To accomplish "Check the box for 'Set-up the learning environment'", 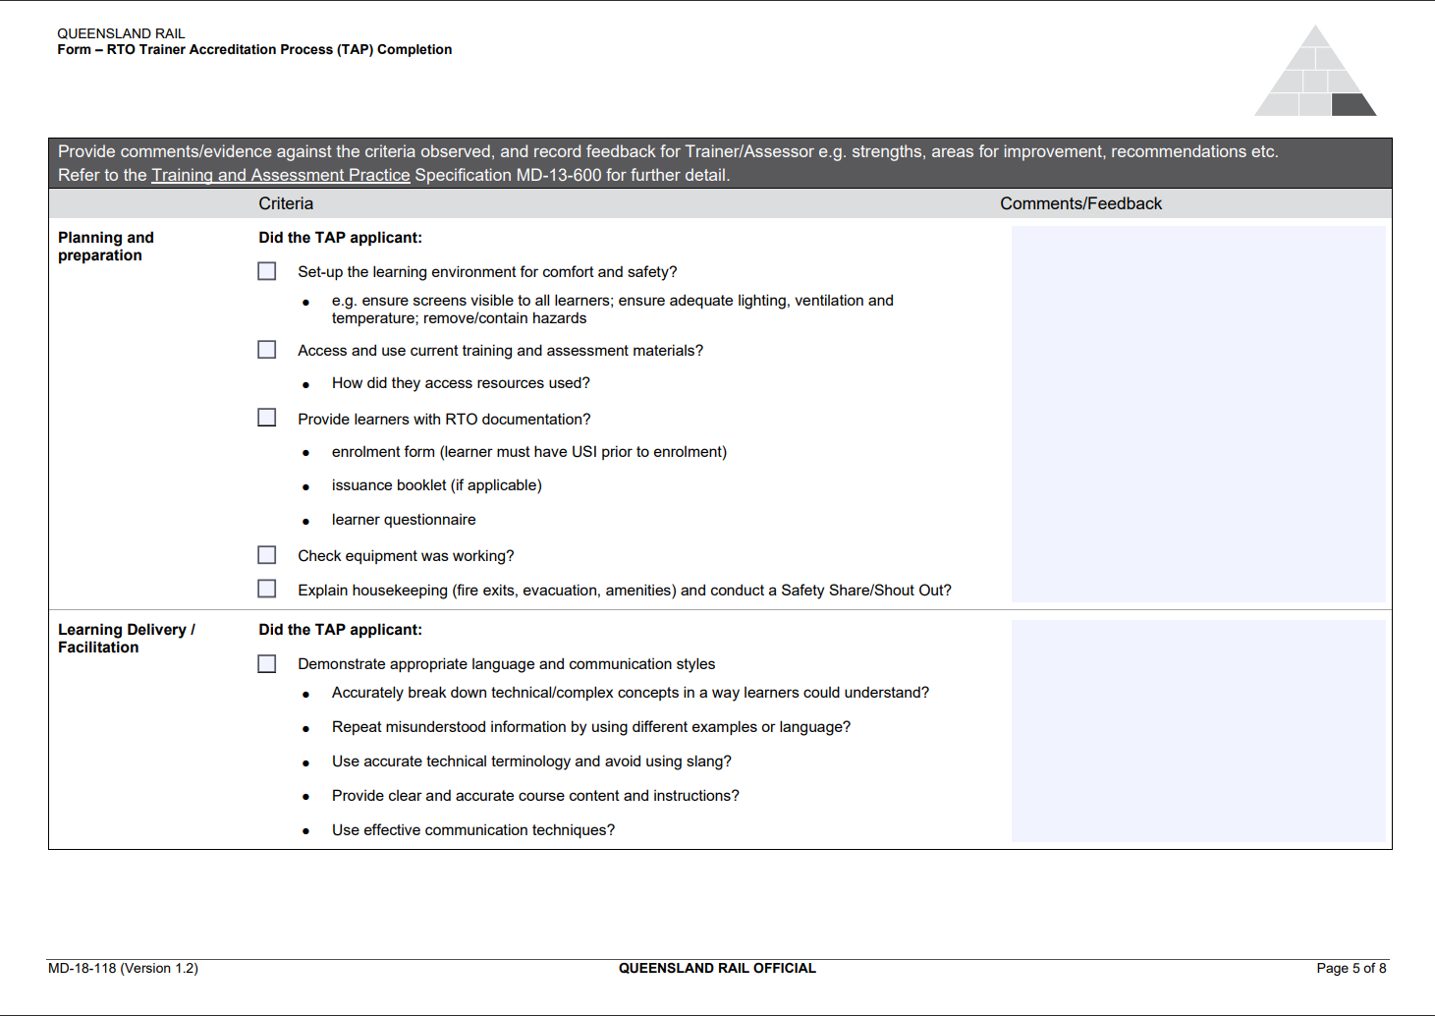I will point(267,271).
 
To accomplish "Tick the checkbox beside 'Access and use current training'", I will point(267,350).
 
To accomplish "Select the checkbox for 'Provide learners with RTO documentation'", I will point(267,418).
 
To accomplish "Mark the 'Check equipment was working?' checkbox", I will point(267,555).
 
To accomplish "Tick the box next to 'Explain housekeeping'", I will point(267,589).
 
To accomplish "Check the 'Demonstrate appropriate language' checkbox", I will point(267,664).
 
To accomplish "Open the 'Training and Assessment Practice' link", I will point(281,175).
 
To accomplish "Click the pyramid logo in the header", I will point(1315,74).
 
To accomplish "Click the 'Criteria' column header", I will point(286,203).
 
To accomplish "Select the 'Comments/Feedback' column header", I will point(1080,203).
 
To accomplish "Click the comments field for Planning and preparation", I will point(1198,414).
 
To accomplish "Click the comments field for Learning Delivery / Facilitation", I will point(1198,730).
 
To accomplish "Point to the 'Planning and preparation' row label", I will point(106,247).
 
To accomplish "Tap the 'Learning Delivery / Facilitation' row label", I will point(126,639).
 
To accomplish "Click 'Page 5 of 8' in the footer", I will point(1351,969).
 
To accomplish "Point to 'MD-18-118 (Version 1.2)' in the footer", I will point(123,969).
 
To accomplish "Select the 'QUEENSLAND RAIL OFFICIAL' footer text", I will point(717,969).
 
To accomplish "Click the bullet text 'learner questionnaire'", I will point(404,520).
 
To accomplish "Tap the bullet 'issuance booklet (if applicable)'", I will point(436,485).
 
